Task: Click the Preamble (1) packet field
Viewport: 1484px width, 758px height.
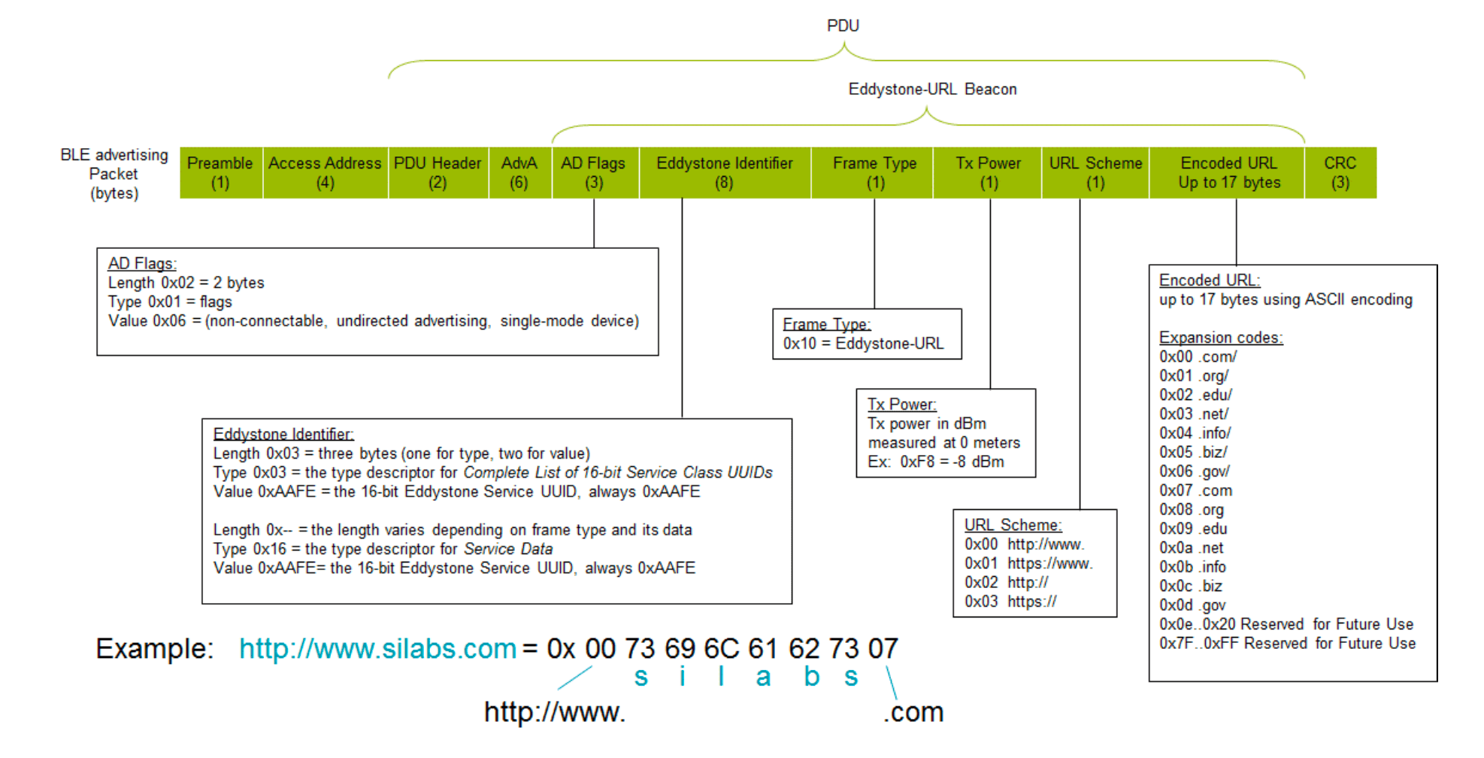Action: [220, 173]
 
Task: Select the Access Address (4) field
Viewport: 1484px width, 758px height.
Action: [325, 173]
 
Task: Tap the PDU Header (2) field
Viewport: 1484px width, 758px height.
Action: [438, 173]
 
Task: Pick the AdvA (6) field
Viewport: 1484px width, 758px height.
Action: [519, 173]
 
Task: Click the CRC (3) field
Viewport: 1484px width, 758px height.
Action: [1340, 173]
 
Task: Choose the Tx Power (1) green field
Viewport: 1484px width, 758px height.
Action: [988, 173]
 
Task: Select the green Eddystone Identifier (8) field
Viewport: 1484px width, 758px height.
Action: [725, 173]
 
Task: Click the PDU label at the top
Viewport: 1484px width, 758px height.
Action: [843, 26]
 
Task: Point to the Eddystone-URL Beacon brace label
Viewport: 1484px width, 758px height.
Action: [932, 89]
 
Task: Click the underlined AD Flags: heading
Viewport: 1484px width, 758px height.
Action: [142, 264]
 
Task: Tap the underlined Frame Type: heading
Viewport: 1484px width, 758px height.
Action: [826, 324]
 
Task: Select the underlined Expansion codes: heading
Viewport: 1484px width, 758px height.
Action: [1220, 338]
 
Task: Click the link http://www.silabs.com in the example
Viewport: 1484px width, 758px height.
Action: [377, 649]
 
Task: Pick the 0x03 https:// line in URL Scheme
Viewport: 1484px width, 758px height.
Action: [1010, 602]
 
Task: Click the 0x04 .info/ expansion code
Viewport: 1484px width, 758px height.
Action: [1195, 433]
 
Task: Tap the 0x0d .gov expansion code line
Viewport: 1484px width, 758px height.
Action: [1192, 605]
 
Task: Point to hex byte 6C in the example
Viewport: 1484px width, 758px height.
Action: [722, 649]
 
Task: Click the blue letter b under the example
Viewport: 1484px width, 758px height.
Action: [811, 677]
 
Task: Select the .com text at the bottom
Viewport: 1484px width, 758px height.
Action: [913, 712]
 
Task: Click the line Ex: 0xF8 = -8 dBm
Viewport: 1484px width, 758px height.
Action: [935, 462]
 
